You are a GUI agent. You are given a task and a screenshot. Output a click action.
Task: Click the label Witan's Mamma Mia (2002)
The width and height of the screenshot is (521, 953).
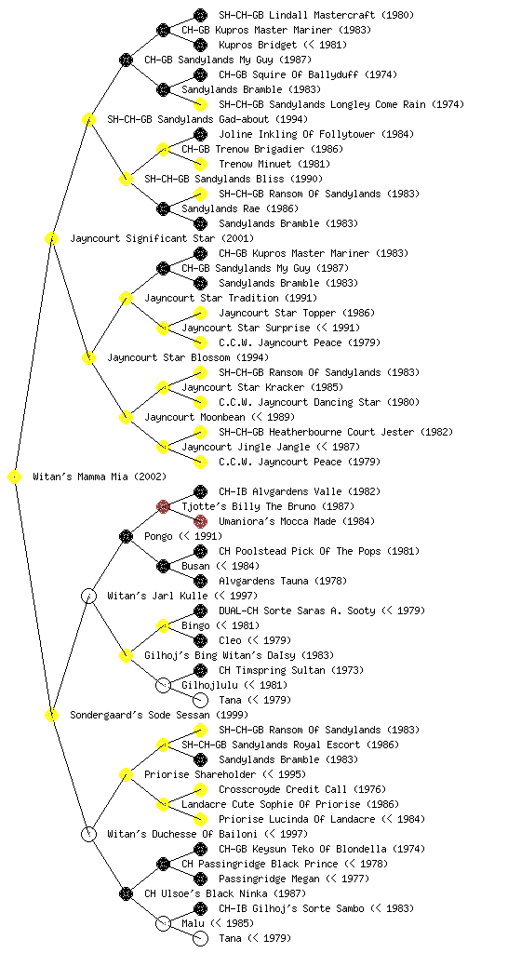[100, 477]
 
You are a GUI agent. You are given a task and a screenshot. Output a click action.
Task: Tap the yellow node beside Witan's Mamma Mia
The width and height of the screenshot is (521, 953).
[15, 477]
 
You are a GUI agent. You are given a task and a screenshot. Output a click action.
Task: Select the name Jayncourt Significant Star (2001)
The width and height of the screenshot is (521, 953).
[162, 239]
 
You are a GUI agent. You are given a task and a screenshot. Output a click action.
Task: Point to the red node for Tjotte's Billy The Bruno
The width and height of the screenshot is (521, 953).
[163, 506]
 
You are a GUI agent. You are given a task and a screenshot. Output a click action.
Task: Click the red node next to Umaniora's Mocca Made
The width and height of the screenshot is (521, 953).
[200, 521]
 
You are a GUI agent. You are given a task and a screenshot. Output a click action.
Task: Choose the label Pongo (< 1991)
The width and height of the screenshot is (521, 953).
[183, 537]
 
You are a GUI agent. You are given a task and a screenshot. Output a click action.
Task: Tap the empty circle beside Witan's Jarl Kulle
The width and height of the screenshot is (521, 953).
[88, 596]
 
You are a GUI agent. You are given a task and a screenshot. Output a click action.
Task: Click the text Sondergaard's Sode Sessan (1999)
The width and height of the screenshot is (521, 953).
[159, 716]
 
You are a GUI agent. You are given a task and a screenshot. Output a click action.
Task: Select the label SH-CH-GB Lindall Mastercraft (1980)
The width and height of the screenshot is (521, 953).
[316, 15]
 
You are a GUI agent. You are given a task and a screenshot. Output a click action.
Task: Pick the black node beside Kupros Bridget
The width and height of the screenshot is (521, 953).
[200, 45]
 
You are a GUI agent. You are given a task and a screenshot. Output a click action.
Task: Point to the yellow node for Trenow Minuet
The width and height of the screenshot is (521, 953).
[200, 164]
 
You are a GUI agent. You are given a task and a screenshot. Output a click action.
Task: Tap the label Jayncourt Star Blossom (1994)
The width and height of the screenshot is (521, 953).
[188, 358]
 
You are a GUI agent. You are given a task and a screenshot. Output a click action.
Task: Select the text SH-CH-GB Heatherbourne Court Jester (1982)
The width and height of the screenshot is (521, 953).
[336, 432]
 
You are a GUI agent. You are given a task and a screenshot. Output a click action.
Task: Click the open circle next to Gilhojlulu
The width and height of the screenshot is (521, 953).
[163, 685]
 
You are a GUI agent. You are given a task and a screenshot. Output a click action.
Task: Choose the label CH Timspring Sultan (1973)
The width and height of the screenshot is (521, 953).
[291, 670]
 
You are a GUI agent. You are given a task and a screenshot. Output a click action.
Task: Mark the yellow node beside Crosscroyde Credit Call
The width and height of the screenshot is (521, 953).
[200, 789]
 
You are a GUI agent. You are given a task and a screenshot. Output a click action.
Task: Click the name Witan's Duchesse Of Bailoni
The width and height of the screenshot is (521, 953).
[182, 835]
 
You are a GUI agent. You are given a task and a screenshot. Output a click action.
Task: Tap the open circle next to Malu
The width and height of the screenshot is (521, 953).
[163, 923]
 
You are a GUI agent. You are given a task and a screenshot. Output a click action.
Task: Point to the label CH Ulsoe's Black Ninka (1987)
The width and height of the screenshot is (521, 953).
[225, 894]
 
